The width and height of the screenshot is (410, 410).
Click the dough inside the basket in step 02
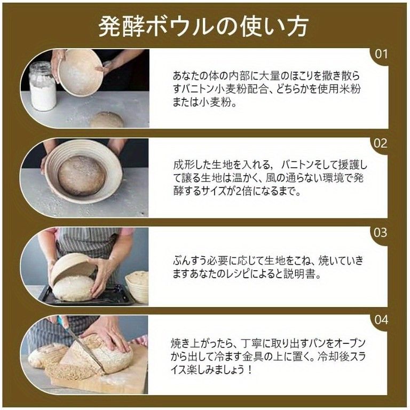click(x=81, y=175)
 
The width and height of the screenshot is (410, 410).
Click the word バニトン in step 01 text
click(x=199, y=89)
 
